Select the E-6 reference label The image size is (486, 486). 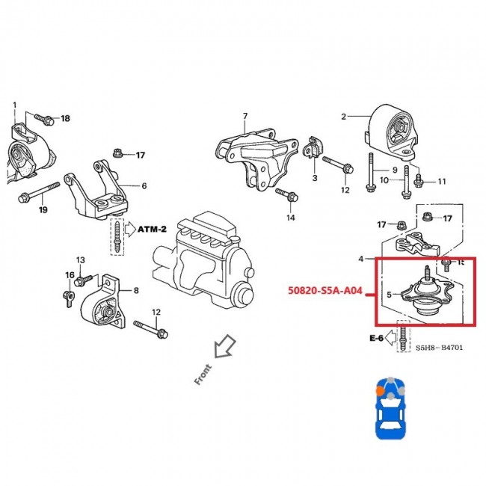pyautogui.click(x=375, y=338)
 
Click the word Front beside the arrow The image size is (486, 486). pyautogui.click(x=203, y=374)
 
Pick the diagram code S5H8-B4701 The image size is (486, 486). pyautogui.click(x=441, y=348)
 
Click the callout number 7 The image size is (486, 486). pyautogui.click(x=244, y=116)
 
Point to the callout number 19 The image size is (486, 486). pyautogui.click(x=43, y=210)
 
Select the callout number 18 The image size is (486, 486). pyautogui.click(x=65, y=119)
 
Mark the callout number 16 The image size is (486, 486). pyautogui.click(x=70, y=276)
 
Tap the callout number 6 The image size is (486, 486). pyautogui.click(x=144, y=185)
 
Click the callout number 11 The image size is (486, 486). pyautogui.click(x=441, y=181)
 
